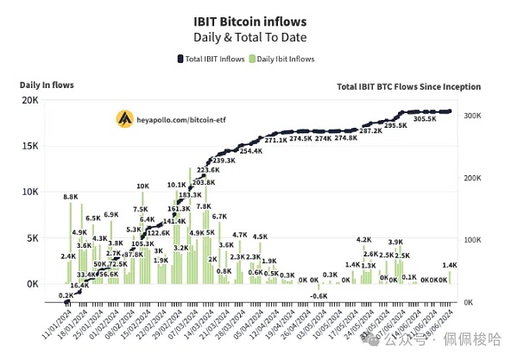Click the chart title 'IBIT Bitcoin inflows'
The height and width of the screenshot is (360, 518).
[258, 17]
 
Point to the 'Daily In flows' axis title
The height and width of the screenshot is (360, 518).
[47, 85]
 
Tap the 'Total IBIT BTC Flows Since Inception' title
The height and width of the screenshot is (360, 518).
[409, 87]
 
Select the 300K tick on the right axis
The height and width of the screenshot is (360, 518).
[476, 115]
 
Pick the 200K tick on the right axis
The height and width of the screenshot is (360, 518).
[476, 177]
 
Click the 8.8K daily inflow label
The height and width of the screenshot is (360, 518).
[71, 198]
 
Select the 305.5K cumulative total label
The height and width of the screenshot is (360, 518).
[426, 119]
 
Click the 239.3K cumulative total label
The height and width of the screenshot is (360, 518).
[223, 161]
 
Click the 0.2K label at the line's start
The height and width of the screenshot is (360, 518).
[66, 295]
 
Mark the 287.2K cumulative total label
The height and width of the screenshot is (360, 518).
[371, 130]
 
